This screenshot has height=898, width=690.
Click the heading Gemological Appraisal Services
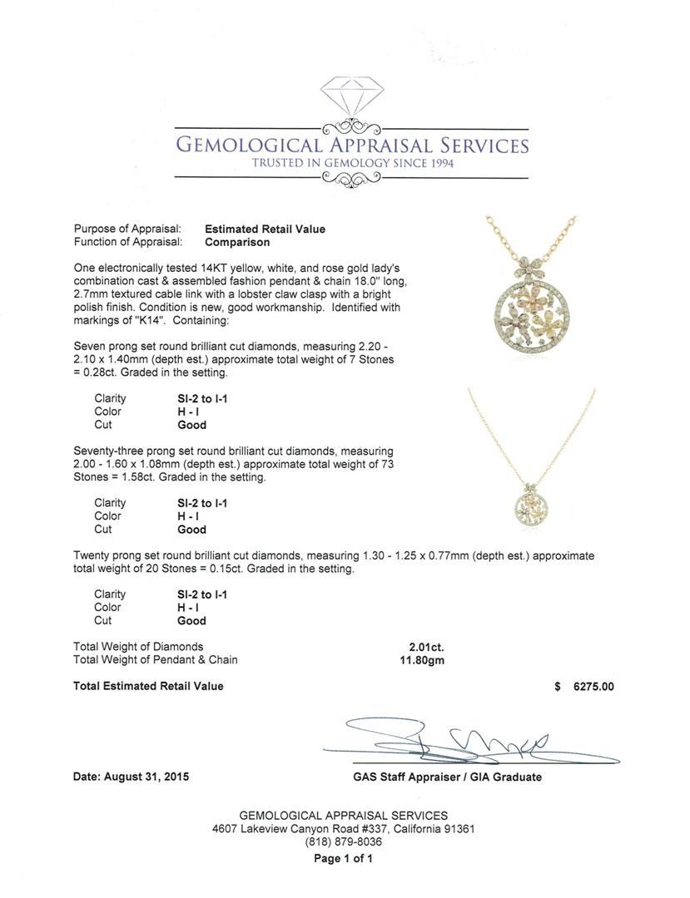click(351, 145)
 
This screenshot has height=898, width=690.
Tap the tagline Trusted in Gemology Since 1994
click(352, 163)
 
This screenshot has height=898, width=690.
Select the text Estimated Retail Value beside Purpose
click(265, 229)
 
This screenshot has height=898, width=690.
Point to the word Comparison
click(237, 242)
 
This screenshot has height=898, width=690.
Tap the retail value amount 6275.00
click(593, 686)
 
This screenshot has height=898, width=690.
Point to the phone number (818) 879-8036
click(344, 841)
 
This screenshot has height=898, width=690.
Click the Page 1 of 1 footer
click(343, 859)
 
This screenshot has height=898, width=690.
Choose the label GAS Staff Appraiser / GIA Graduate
click(447, 777)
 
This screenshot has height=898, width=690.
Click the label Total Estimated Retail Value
click(148, 686)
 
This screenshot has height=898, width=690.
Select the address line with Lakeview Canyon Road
click(344, 829)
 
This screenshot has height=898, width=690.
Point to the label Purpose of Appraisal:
click(127, 229)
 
